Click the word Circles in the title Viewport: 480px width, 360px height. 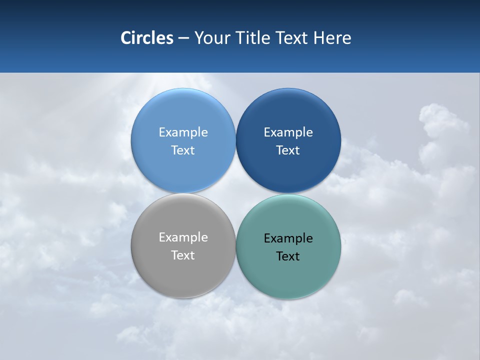[x=147, y=38]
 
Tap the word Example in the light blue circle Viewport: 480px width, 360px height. [x=183, y=132]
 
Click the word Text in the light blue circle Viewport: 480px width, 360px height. [x=183, y=150]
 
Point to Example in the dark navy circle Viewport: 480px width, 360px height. [x=288, y=132]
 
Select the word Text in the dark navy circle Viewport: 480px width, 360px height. [x=288, y=150]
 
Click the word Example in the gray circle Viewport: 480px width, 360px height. [x=183, y=237]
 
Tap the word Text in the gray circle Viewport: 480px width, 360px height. [x=183, y=255]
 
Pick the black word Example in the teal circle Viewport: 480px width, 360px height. [x=288, y=238]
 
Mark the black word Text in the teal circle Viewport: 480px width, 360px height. [x=288, y=256]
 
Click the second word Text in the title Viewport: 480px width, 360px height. [x=292, y=38]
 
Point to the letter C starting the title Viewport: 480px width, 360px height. [x=125, y=38]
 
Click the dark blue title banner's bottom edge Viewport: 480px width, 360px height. [x=240, y=72]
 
